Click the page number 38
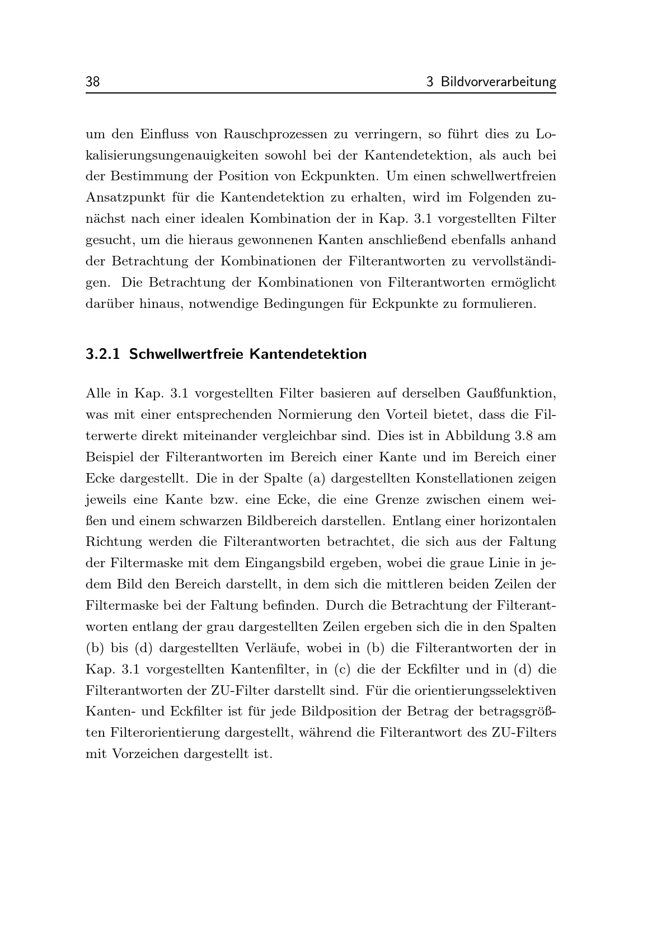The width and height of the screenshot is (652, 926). (x=92, y=82)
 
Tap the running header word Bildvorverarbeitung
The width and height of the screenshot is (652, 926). (x=498, y=82)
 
